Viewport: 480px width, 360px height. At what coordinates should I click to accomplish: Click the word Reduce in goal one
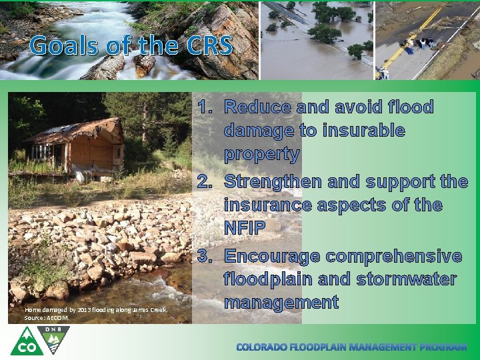click(257, 107)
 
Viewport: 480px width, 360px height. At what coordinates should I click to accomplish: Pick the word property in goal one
click(262, 154)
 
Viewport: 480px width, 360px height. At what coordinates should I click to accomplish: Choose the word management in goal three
click(281, 302)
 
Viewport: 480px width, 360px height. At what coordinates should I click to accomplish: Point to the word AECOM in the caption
click(57, 318)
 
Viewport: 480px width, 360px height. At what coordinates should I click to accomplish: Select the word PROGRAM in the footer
click(445, 347)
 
